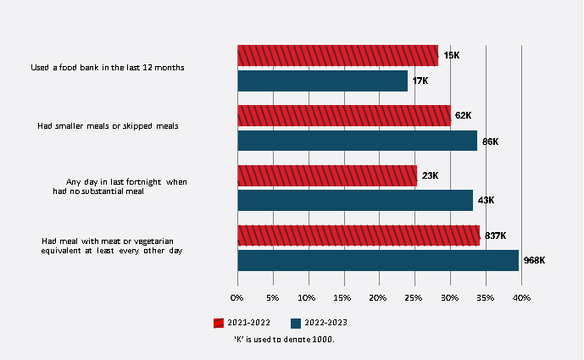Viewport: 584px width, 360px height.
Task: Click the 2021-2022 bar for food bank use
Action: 337,56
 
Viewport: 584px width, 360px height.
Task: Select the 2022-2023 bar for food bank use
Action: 322,80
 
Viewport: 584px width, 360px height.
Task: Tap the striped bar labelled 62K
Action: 344,116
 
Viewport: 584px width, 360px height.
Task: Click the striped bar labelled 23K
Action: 327,176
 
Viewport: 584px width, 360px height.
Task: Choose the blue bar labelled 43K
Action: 355,200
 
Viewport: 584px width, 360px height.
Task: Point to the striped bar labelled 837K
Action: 359,235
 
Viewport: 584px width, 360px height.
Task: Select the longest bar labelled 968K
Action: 378,260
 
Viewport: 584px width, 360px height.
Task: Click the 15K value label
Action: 451,56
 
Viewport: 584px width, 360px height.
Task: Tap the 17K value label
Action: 420,81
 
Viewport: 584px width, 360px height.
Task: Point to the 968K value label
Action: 534,260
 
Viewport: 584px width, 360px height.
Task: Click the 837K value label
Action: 494,235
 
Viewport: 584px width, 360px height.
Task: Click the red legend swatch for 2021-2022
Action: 219,323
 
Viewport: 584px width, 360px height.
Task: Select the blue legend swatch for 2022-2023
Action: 295,323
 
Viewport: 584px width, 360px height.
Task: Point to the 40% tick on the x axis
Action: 520,297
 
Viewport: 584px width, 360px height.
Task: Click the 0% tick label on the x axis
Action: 237,297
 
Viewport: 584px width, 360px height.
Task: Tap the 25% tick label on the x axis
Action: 414,297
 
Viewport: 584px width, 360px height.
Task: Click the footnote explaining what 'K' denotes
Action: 285,339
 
